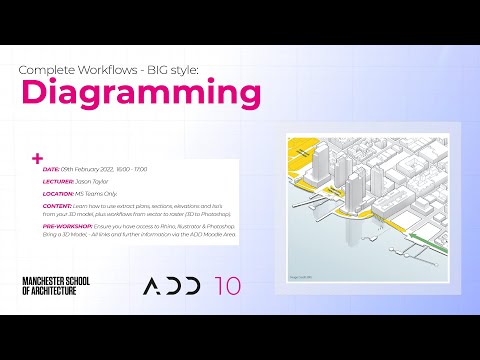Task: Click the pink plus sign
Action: [38, 157]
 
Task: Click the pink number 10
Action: [227, 286]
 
